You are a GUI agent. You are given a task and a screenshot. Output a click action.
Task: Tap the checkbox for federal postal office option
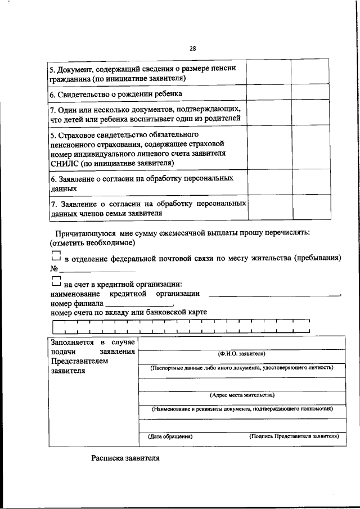coord(55,256)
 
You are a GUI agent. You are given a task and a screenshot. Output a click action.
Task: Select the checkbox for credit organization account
coord(55,282)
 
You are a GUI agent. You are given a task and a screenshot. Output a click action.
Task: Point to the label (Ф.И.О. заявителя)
coord(241,354)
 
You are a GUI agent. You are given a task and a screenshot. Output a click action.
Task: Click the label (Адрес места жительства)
coord(241,395)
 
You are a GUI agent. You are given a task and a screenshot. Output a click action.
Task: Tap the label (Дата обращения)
coord(170,436)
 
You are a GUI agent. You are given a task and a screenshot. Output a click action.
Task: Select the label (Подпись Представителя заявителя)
coord(294,436)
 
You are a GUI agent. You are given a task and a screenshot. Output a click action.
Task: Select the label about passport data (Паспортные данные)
coord(241,367)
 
